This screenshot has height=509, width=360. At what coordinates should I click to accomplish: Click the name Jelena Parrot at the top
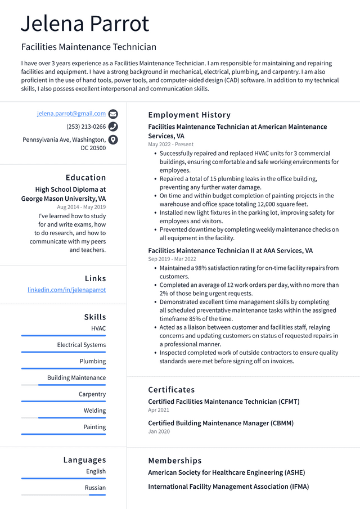pos(85,24)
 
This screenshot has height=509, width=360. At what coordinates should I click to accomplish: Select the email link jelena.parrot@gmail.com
pos(71,114)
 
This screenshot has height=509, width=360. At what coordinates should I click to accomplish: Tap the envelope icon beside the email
pos(113,114)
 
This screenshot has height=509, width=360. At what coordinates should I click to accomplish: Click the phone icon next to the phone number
pos(113,127)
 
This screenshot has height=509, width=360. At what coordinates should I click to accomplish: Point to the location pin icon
pos(113,140)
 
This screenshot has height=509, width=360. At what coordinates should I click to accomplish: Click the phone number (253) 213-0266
pos(86,127)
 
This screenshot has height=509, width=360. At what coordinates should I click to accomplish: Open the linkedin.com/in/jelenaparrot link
pos(66,290)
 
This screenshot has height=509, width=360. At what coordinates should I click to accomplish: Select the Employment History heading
pos(189,115)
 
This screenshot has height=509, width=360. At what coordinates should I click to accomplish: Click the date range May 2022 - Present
pos(170,145)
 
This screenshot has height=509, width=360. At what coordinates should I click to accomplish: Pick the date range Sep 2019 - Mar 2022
pos(172,259)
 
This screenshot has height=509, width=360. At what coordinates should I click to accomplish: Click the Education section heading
pos(85,178)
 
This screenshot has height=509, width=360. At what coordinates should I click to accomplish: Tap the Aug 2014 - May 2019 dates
pos(81,207)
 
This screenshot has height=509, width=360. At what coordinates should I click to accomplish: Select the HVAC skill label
pos(98,328)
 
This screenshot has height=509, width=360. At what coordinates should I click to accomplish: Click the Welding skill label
pos(94,411)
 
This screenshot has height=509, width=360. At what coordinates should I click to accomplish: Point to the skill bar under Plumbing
pos(64,368)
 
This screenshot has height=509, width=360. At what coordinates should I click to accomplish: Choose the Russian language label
pos(95,488)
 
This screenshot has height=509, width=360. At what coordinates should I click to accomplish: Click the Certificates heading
pos(172,390)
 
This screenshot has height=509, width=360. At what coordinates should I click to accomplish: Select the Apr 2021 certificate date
pos(159,410)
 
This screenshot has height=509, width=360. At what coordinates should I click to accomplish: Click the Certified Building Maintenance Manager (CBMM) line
pos(220,423)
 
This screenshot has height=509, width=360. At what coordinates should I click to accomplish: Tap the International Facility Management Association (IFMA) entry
pos(228,487)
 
